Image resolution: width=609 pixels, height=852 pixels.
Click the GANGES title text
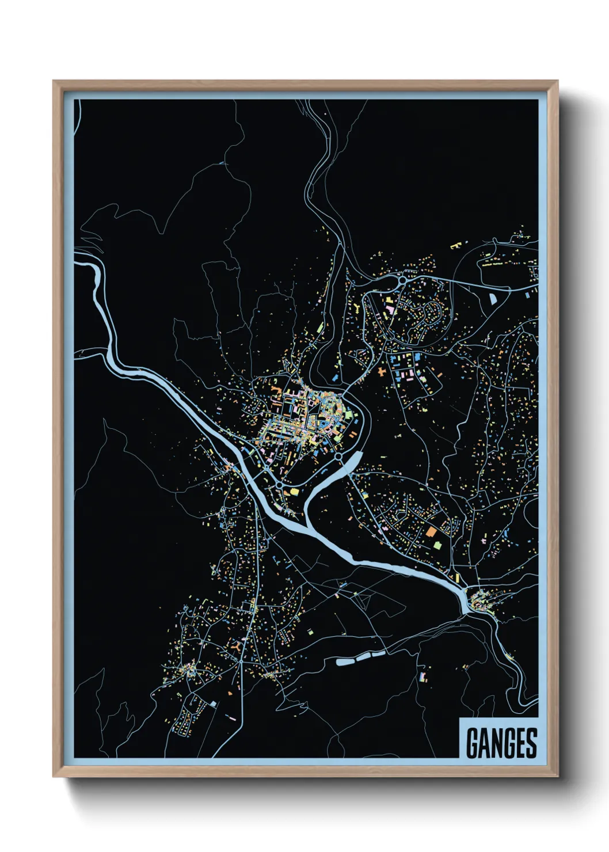(x=501, y=743)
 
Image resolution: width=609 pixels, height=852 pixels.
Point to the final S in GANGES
(x=531, y=743)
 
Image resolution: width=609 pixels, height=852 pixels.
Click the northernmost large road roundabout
(x=401, y=280)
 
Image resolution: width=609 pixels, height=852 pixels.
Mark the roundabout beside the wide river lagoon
(x=338, y=457)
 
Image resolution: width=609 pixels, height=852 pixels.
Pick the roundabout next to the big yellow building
(x=280, y=485)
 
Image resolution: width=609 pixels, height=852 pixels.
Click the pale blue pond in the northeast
(x=493, y=298)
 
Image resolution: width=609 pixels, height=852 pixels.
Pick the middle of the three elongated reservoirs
(x=363, y=656)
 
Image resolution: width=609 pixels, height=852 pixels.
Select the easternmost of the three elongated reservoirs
(x=378, y=653)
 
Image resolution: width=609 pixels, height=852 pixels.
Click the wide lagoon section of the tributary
(x=352, y=461)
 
